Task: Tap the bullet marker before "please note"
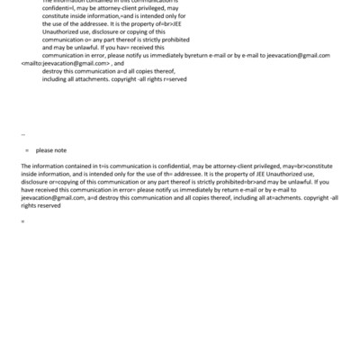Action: click(27, 149)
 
